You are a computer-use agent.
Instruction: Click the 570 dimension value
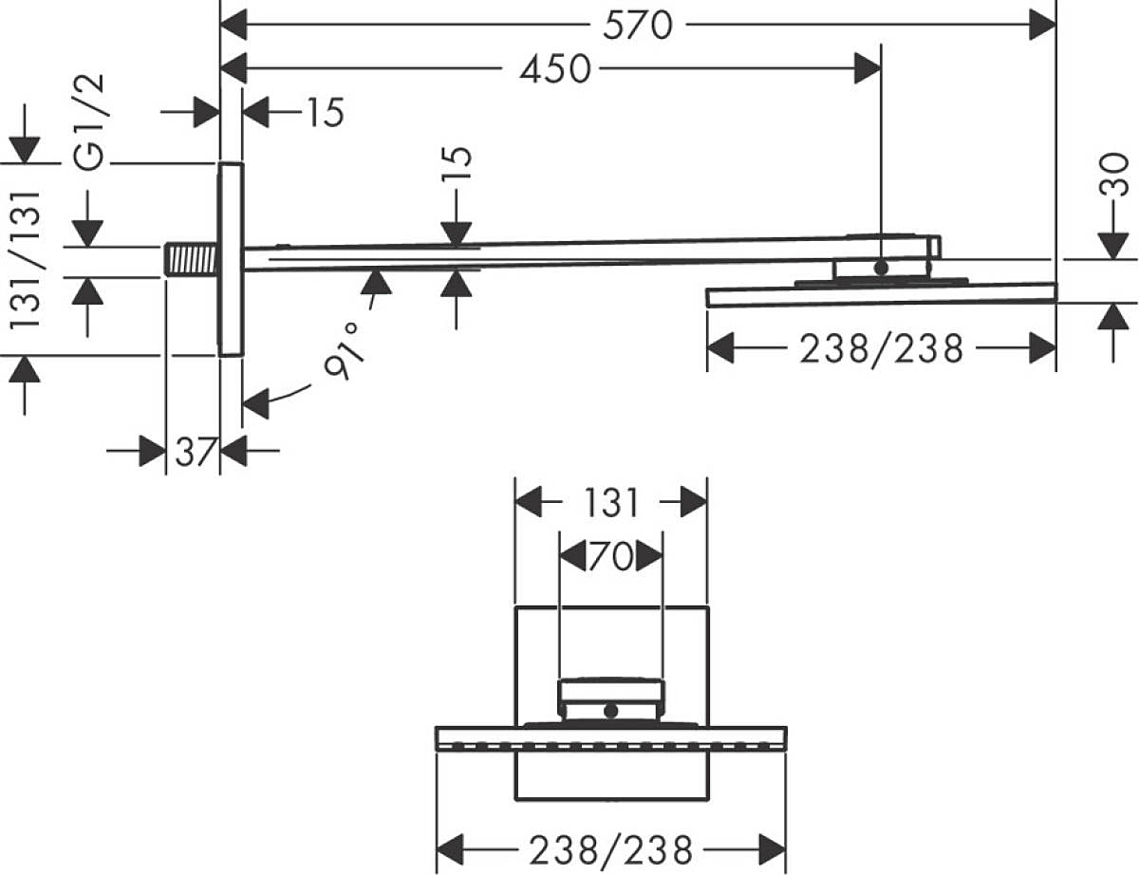(x=638, y=26)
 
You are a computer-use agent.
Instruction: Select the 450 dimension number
(x=555, y=68)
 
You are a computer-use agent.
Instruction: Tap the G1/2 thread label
(x=89, y=122)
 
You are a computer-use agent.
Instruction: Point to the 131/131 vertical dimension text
(x=25, y=260)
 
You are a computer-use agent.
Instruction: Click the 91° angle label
(x=343, y=350)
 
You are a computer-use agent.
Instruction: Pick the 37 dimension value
(x=196, y=452)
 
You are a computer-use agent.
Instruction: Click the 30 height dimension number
(x=1112, y=175)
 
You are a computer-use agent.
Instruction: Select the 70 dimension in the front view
(x=611, y=556)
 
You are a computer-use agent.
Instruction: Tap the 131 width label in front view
(x=611, y=503)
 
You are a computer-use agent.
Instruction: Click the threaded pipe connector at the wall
(x=191, y=259)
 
